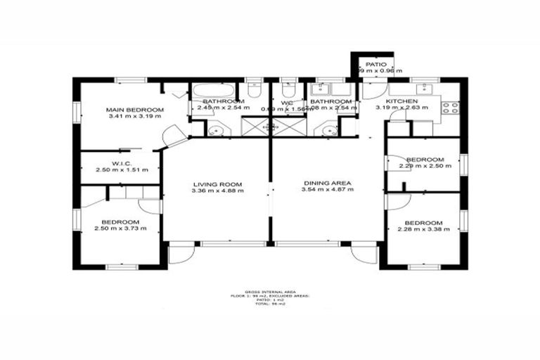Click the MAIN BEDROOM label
click(x=135, y=110)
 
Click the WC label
click(x=287, y=103)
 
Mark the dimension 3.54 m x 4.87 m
click(x=328, y=190)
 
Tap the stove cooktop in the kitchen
click(x=450, y=108)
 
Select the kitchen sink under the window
click(x=424, y=89)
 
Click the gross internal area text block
click(x=270, y=298)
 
